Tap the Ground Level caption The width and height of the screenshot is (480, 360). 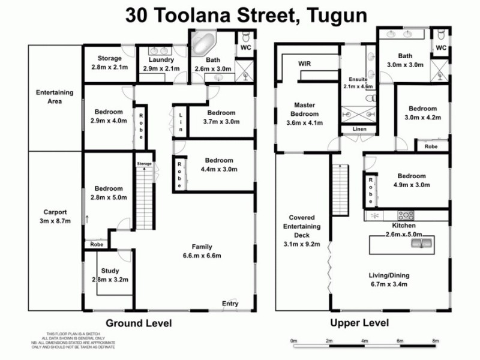click(139, 323)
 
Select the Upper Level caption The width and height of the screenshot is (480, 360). click(359, 323)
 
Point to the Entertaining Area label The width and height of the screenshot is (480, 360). click(55, 97)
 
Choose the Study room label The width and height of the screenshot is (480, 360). click(110, 275)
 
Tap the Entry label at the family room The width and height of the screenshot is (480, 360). click(230, 304)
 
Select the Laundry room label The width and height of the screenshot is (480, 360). click(159, 64)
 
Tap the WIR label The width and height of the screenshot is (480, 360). click(305, 64)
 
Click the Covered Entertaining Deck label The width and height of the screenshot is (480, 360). click(302, 230)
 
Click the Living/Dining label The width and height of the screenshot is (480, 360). click(388, 280)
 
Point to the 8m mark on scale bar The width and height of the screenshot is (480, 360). click(435, 341)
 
